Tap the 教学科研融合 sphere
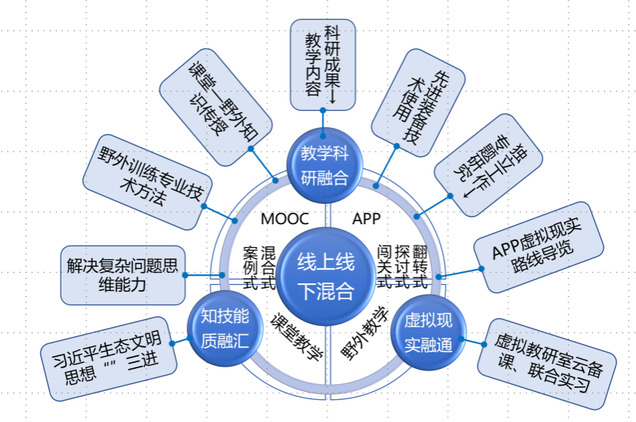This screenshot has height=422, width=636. [x=324, y=164]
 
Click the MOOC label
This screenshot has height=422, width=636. [x=285, y=219]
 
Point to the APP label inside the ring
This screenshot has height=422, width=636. [x=366, y=219]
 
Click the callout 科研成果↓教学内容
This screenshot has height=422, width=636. [x=323, y=64]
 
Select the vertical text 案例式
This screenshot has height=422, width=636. [x=250, y=267]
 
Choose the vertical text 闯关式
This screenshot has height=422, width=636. [x=384, y=267]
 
